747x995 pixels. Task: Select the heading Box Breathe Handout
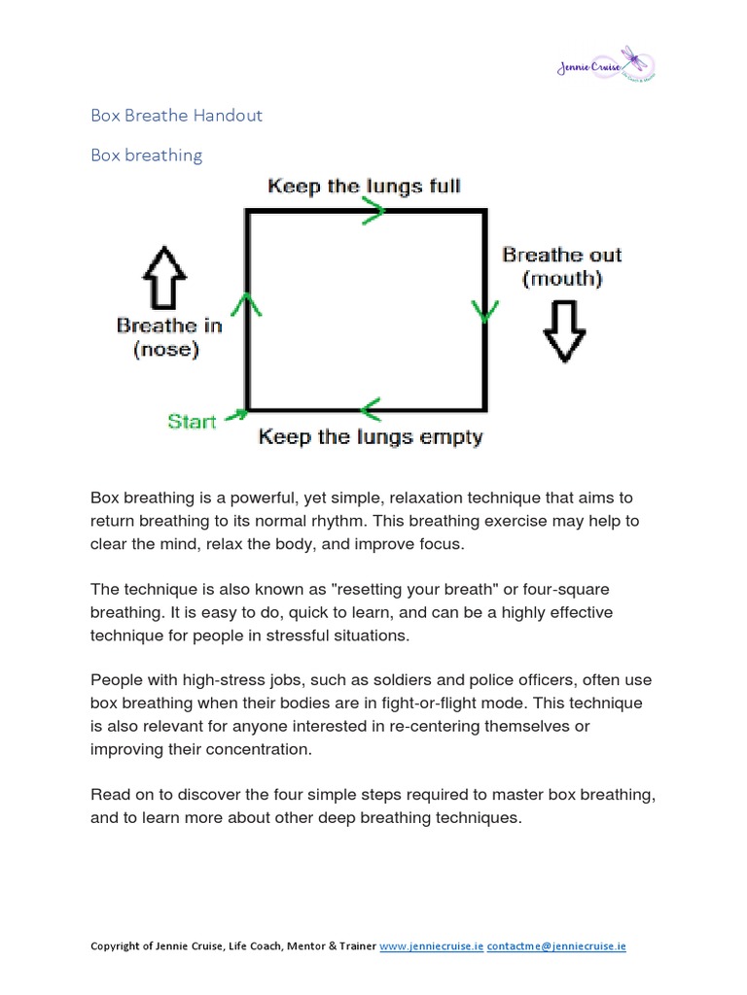[x=176, y=116]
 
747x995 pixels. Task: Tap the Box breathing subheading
[x=146, y=154]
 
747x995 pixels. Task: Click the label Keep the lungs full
[x=364, y=185]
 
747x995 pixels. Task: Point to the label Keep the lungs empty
[x=370, y=437]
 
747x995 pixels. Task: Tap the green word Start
[x=193, y=422]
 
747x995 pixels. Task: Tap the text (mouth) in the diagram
[x=562, y=279]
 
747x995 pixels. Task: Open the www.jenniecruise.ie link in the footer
[x=431, y=945]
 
